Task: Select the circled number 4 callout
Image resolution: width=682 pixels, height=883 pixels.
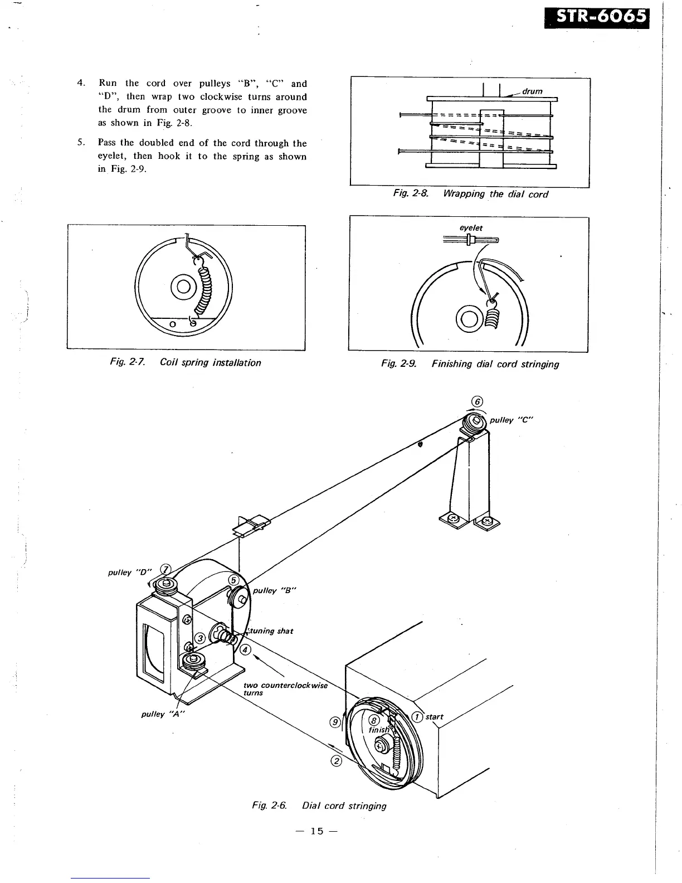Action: [246, 650]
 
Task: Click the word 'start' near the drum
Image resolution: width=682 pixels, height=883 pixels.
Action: [435, 716]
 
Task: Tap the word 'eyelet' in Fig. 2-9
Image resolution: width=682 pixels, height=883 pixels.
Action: [471, 228]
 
